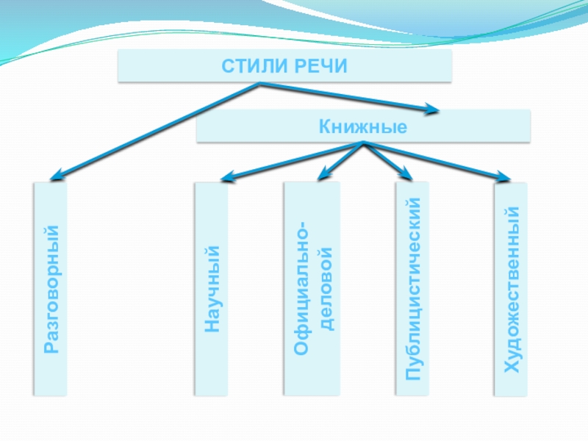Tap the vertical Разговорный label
(x=50, y=290)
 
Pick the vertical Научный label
(x=212, y=289)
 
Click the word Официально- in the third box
(x=301, y=289)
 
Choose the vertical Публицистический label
(x=414, y=289)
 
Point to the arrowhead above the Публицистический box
(x=406, y=173)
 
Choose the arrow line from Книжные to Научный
(x=294, y=160)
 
